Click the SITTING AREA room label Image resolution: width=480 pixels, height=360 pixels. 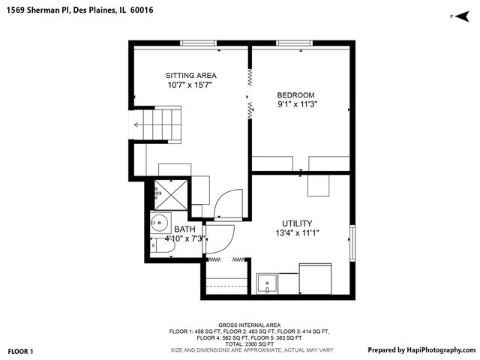click(191, 75)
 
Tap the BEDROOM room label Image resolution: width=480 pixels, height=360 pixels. click(295, 94)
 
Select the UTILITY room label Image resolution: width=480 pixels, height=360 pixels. click(297, 223)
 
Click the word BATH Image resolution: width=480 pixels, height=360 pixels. click(184, 229)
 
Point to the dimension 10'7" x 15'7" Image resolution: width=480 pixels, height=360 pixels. click(191, 85)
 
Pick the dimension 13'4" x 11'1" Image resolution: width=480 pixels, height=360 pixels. click(297, 233)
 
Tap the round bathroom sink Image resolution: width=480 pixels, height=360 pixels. click(159, 222)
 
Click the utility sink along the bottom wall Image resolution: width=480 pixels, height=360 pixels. click(266, 284)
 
